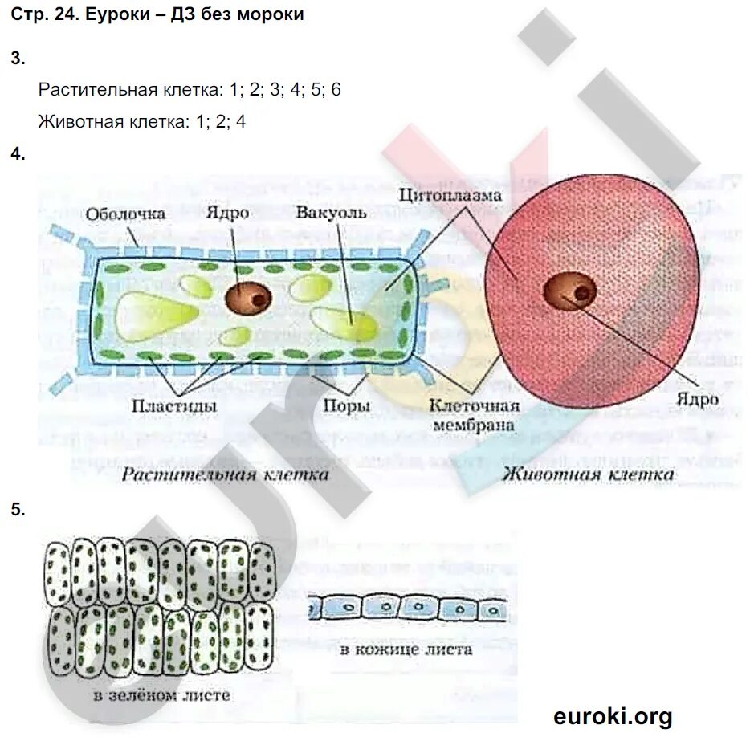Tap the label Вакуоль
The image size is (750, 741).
point(331,213)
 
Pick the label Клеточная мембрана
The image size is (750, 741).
point(474,416)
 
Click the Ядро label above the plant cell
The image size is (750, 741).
point(227,213)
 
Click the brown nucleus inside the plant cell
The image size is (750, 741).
point(248,298)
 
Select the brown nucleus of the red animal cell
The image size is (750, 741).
point(570,291)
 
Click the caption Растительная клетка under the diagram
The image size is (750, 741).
point(225,474)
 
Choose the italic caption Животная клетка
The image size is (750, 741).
point(588,474)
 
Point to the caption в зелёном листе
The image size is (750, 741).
point(161,694)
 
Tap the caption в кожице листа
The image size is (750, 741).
point(406,649)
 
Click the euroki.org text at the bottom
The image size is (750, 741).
point(612,715)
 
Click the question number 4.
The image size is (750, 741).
point(18,155)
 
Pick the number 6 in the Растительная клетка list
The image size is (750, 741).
point(336,89)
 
